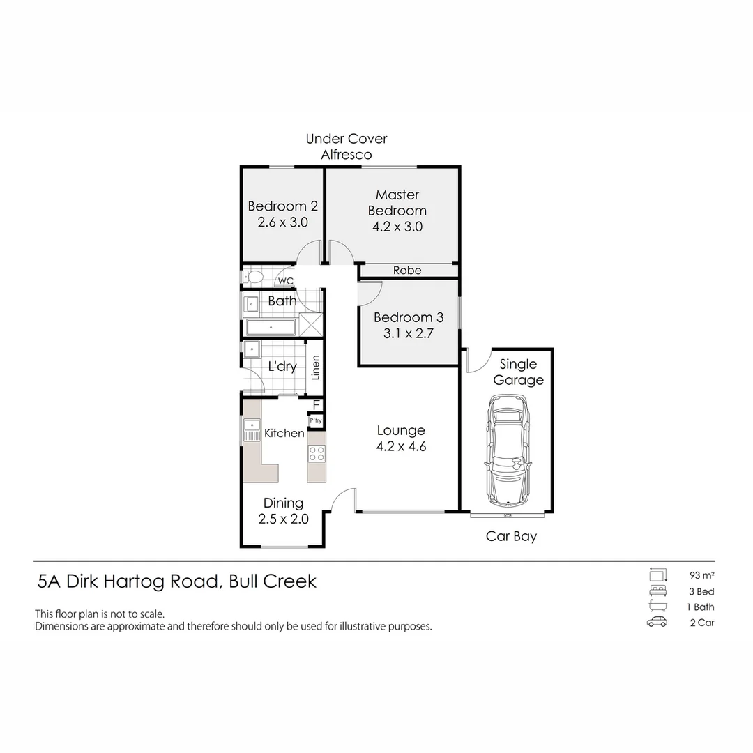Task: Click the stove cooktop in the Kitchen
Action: [x=317, y=453]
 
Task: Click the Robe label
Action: [x=407, y=270]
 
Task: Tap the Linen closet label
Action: [x=315, y=367]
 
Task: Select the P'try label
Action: [x=316, y=420]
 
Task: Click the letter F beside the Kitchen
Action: [x=316, y=404]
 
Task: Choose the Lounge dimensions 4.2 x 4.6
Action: [x=401, y=447]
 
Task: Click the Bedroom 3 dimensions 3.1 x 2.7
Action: [x=408, y=333]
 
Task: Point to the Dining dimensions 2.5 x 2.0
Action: [x=283, y=519]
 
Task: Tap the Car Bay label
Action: [x=511, y=536]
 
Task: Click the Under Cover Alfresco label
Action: [x=347, y=146]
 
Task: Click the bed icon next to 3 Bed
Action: [x=656, y=591]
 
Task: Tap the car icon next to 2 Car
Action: [x=656, y=623]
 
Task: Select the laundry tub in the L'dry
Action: [x=252, y=350]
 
